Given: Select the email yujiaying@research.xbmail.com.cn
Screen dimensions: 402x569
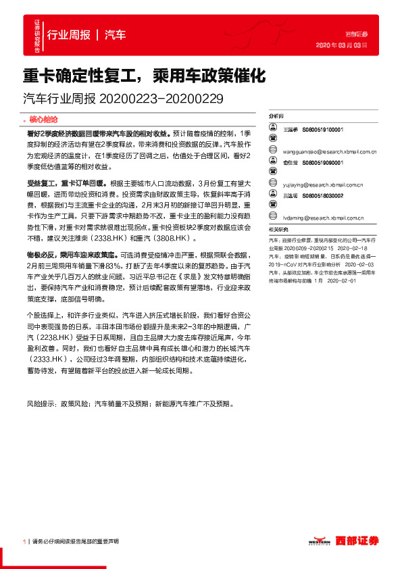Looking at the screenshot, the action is point(323,183).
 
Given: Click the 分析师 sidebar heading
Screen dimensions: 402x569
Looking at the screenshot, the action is point(277,116).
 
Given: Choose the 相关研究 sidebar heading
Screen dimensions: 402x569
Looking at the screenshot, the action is point(278,230).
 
